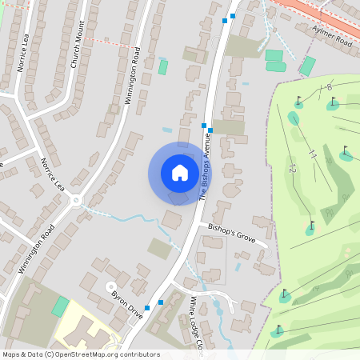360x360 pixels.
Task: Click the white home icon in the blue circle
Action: click(x=180, y=173)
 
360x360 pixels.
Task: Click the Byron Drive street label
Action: click(x=126, y=304)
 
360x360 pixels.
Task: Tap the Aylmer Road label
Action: click(x=332, y=35)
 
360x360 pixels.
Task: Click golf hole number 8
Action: click(x=329, y=86)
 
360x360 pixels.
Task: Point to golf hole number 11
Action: click(x=313, y=154)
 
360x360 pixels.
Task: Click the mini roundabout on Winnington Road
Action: click(x=77, y=200)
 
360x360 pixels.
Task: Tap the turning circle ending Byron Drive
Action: click(x=111, y=286)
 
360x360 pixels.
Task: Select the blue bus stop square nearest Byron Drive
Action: click(x=160, y=302)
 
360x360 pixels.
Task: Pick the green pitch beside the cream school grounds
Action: click(x=61, y=306)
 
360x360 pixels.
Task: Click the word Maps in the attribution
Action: click(x=11, y=354)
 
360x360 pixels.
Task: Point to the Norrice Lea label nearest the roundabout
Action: click(x=52, y=174)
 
